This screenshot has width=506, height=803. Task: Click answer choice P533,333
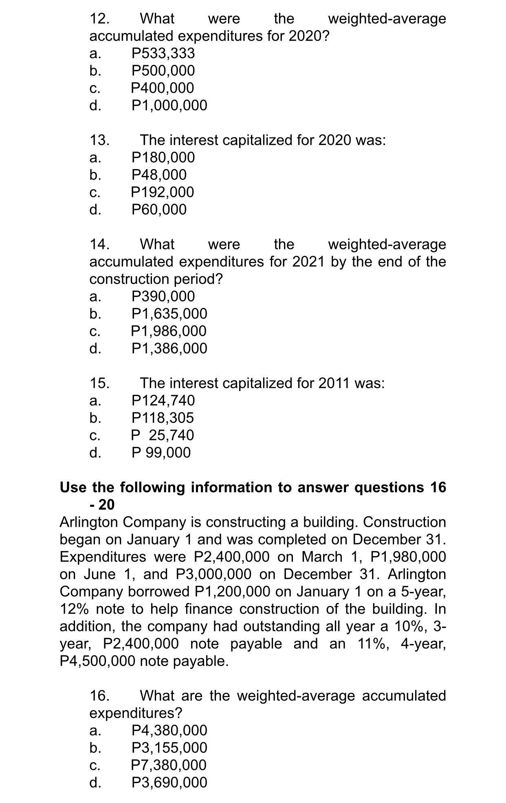163,53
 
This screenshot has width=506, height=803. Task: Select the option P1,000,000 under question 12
169,106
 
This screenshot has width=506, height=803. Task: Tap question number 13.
99,140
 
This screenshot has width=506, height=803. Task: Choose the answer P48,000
159,175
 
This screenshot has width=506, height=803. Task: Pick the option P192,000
163,192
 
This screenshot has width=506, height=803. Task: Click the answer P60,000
159,210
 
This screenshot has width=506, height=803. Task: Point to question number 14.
99,244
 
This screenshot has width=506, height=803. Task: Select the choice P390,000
163,296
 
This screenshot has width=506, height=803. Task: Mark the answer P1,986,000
169,331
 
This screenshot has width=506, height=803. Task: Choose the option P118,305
163,418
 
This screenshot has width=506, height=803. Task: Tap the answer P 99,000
161,453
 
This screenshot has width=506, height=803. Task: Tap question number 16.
99,696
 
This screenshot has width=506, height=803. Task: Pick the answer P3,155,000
169,748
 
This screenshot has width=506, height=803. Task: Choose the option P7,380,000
169,765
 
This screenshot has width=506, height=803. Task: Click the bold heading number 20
106,505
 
